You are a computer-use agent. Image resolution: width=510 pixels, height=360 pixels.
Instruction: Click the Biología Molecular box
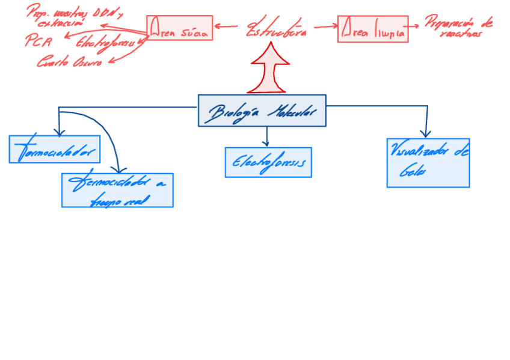coord(262,111)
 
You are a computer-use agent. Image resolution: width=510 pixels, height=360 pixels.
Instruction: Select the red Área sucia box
coord(179,28)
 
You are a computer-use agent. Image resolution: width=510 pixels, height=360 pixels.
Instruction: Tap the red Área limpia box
coord(372,29)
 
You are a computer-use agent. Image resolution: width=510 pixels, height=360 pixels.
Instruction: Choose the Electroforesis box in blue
coord(268,162)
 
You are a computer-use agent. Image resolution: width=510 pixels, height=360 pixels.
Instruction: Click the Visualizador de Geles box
coord(428,163)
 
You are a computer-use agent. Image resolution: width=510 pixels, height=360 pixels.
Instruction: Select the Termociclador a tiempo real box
coord(117,190)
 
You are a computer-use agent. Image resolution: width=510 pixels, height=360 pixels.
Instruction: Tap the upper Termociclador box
coord(54,149)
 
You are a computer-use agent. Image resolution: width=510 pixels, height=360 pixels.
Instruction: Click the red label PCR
coord(38,40)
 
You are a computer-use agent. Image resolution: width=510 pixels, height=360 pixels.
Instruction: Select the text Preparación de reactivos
coord(458,28)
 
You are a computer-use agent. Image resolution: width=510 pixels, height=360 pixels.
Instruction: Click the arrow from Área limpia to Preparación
coord(415,26)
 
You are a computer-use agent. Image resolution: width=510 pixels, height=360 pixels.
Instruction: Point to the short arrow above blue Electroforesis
coord(266,137)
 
